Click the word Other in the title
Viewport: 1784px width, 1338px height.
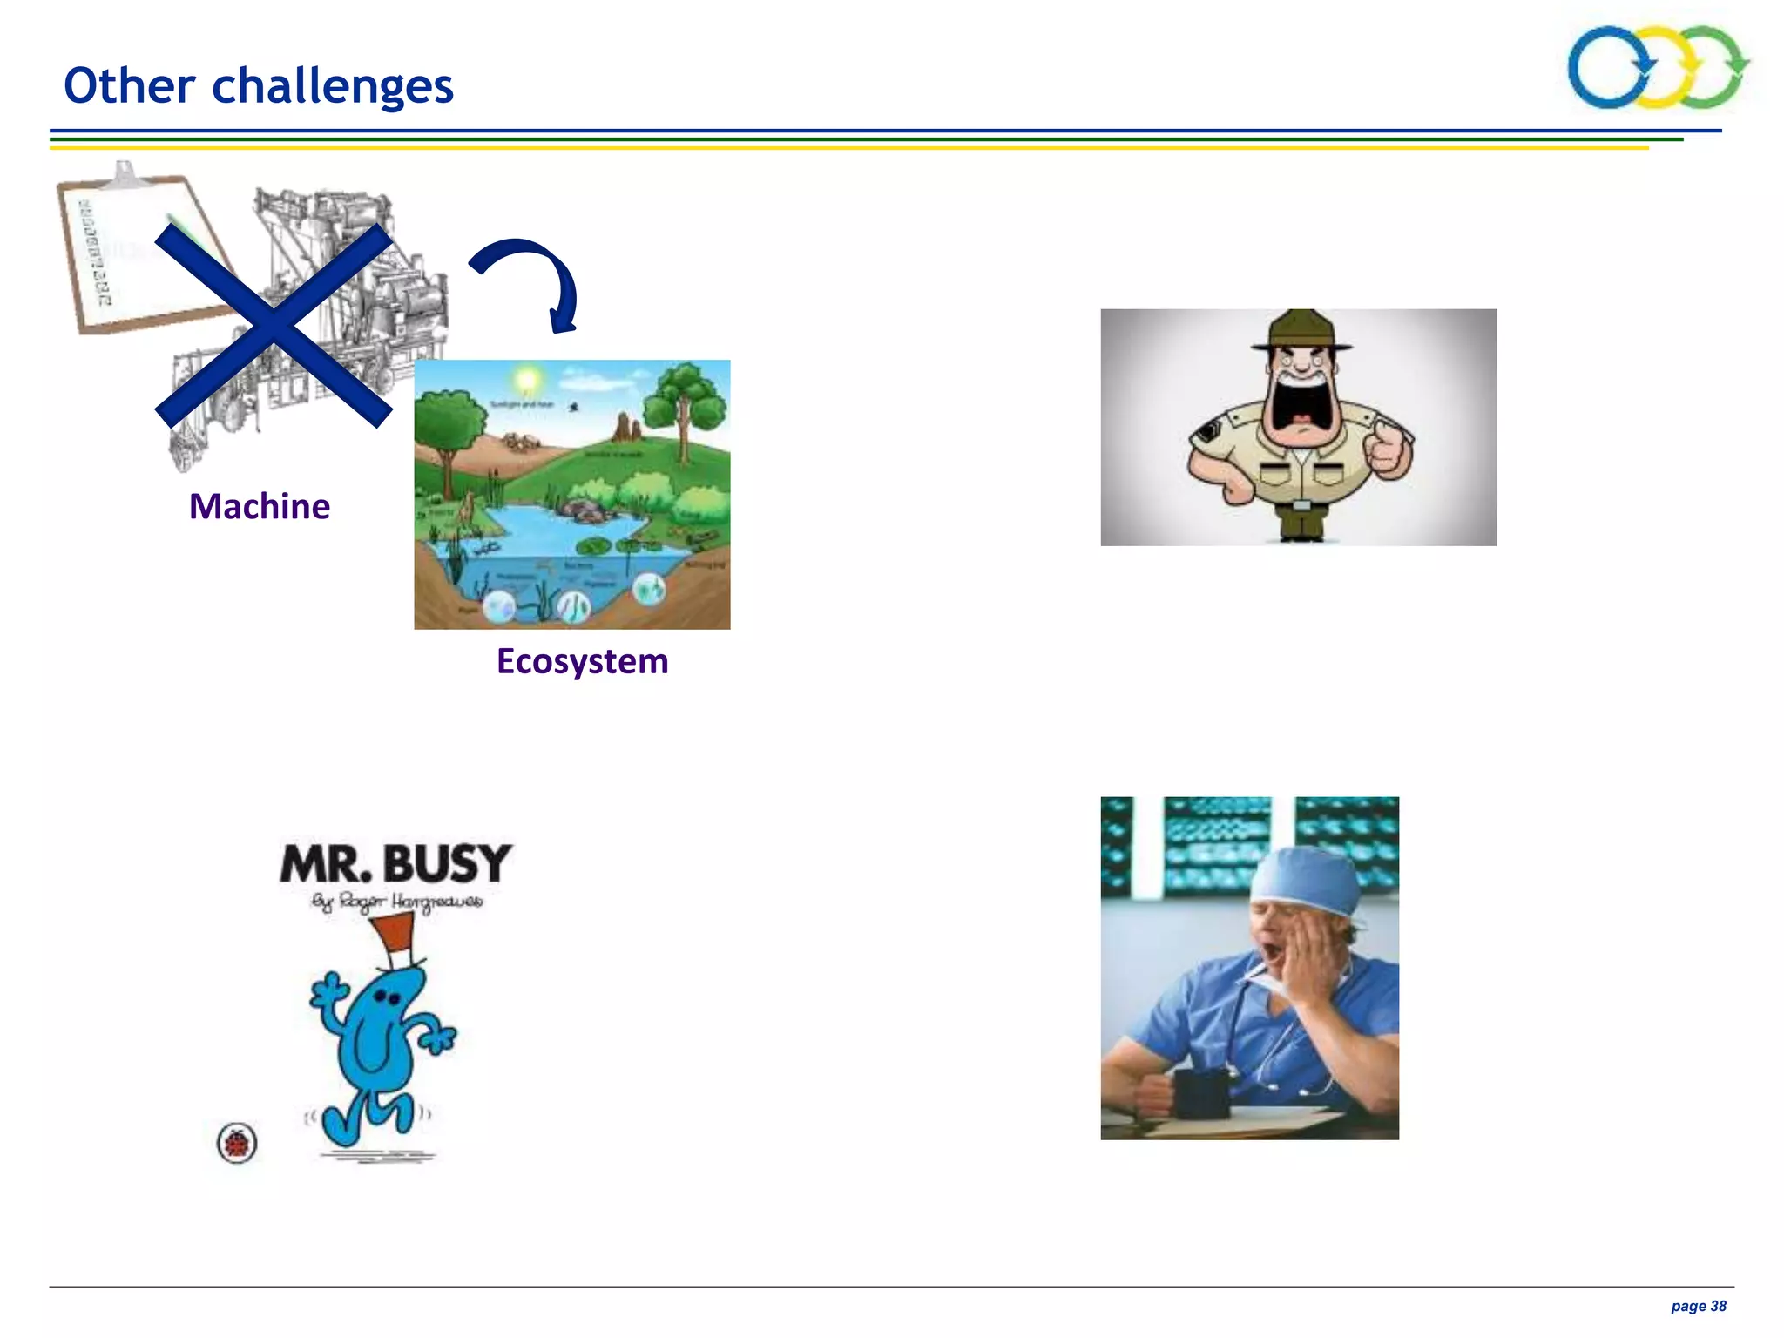coord(130,85)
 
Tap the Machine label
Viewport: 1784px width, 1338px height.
coord(260,506)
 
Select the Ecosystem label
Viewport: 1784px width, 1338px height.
coord(582,661)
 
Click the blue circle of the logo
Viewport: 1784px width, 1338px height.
coord(1608,68)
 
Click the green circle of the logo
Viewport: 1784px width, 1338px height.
coord(1713,68)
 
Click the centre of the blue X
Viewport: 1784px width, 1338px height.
coord(274,325)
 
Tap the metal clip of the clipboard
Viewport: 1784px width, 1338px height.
coord(125,174)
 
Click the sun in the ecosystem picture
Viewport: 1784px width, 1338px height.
coord(526,380)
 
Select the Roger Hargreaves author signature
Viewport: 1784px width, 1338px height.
coord(397,902)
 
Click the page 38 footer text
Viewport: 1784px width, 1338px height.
coord(1698,1306)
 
